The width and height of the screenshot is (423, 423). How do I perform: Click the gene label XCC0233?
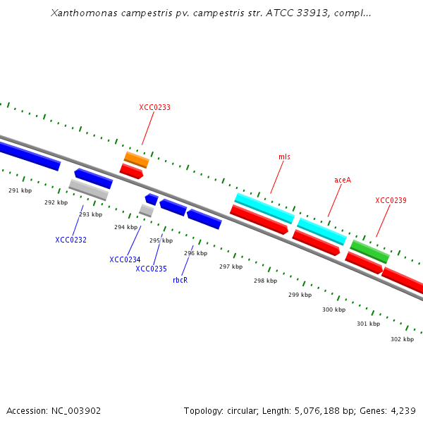(x=154, y=108)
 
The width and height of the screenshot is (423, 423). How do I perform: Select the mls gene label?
(x=284, y=157)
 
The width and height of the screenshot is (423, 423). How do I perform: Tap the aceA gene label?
(x=343, y=180)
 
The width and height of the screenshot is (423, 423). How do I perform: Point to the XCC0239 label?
(x=391, y=201)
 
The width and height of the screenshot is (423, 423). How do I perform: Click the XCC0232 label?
(x=70, y=240)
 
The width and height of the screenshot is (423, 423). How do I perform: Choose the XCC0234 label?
(x=125, y=260)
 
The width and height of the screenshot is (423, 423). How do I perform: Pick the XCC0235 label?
(x=151, y=269)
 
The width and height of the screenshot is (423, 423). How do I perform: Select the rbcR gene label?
(x=180, y=281)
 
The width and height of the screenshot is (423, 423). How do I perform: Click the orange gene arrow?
(x=137, y=159)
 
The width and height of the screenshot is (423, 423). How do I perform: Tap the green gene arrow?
(x=370, y=251)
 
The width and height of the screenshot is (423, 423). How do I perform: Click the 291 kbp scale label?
(x=20, y=191)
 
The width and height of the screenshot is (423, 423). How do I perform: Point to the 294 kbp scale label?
(x=125, y=228)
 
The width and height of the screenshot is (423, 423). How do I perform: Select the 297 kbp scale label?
(x=231, y=267)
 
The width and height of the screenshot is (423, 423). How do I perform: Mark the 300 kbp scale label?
(x=334, y=310)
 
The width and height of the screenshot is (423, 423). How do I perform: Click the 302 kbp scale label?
(x=402, y=339)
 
